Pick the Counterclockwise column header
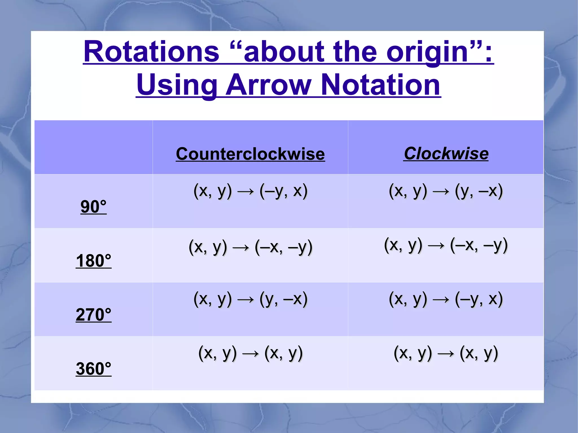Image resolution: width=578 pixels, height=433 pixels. tap(250, 154)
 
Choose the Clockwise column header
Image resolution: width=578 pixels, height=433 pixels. tap(446, 154)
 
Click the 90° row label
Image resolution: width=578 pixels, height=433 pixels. tap(93, 206)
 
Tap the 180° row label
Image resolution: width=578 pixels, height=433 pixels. tap(93, 261)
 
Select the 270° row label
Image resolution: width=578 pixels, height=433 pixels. tap(93, 315)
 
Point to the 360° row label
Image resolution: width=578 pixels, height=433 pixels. tap(93, 369)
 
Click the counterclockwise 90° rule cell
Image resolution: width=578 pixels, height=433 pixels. tap(250, 191)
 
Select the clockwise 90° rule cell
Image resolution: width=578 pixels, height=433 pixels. tap(446, 191)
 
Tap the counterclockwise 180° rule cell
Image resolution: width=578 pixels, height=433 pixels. tap(250, 247)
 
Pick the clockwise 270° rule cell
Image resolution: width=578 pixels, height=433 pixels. tap(446, 299)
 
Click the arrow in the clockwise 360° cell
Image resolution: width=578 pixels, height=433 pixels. tap(446, 354)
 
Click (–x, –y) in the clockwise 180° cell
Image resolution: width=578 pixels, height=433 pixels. tap(479, 245)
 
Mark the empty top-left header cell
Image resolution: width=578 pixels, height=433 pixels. tap(93, 147)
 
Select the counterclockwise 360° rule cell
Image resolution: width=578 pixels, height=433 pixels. tap(250, 353)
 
